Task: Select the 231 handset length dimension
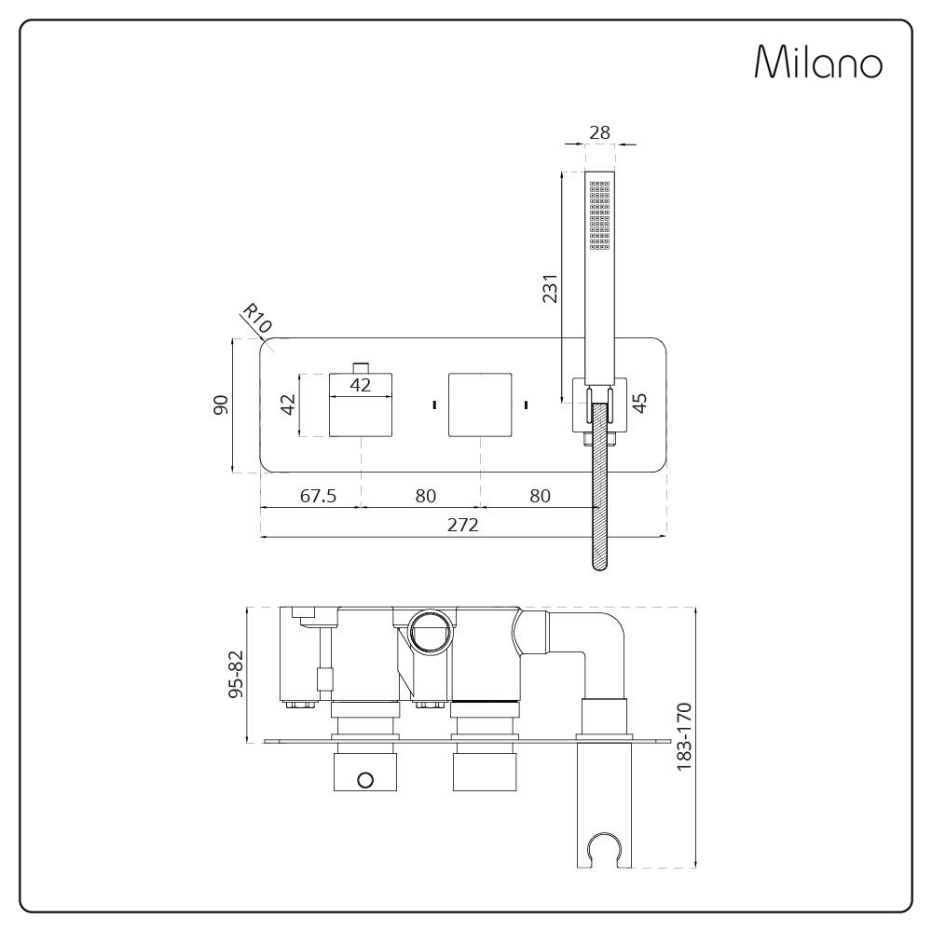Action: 550,290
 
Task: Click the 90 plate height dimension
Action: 221,405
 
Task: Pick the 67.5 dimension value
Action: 318,496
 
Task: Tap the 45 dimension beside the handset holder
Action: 639,403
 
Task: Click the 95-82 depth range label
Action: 236,674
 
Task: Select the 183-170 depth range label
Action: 686,736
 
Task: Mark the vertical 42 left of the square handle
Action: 288,404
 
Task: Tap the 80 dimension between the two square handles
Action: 425,496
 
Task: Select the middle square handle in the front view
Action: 480,404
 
